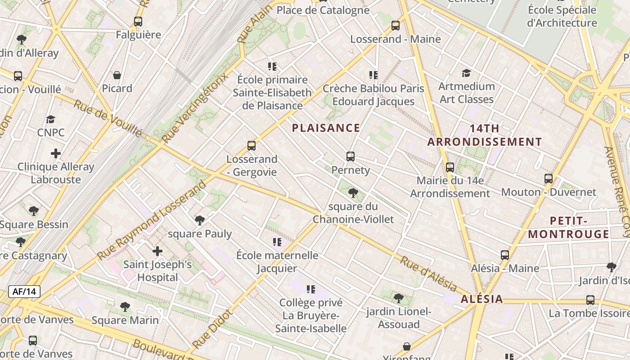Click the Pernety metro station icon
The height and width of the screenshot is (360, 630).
(351, 157)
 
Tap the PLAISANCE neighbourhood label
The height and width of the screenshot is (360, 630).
(326, 128)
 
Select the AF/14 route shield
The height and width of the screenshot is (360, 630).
(24, 292)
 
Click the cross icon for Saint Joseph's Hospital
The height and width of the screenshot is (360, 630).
(157, 251)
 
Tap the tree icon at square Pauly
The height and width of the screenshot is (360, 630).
(199, 220)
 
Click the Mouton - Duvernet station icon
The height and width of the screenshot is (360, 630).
(548, 179)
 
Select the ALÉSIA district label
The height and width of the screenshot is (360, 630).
(481, 299)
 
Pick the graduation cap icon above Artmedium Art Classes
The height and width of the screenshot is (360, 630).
(466, 73)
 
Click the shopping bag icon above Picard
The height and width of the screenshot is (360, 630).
(117, 75)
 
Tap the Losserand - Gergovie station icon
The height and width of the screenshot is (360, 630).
(252, 146)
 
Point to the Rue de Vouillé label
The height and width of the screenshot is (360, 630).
(108, 118)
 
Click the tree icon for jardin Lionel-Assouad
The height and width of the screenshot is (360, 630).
(398, 298)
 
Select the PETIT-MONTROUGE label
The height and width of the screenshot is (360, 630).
(568, 227)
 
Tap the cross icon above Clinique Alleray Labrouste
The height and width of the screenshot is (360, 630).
(56, 153)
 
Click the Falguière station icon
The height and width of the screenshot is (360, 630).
(138, 21)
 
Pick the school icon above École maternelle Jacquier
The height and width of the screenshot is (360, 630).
(277, 242)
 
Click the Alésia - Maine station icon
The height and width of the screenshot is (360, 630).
(505, 255)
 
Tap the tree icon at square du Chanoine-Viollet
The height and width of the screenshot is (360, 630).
(353, 193)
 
